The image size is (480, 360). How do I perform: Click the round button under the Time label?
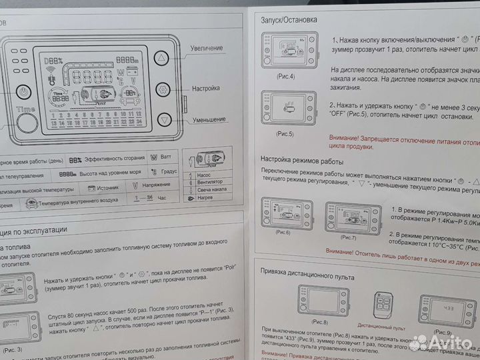27,123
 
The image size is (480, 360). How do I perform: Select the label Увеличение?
207,49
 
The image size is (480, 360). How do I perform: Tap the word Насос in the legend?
205,173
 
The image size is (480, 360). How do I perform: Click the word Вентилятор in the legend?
210,181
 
